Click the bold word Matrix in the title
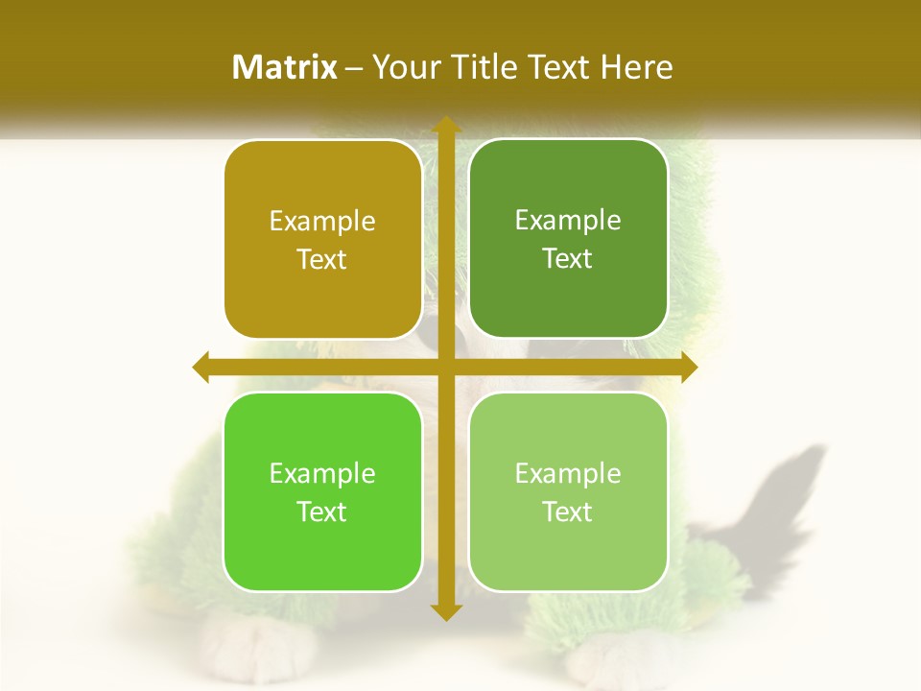point(285,67)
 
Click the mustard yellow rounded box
point(322,239)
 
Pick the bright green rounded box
point(322,491)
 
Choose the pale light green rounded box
point(568,491)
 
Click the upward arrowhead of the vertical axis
point(444,125)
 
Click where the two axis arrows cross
point(444,367)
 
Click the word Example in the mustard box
point(322,222)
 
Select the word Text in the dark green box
point(568,259)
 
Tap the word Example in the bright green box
point(322,474)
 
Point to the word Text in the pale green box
point(568,512)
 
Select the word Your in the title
point(403,67)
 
